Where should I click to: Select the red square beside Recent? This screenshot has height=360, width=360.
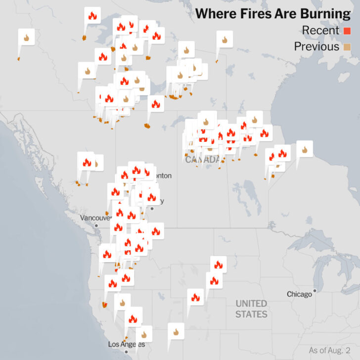[347, 31]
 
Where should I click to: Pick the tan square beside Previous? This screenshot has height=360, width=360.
[347, 47]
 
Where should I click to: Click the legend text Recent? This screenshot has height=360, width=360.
[320, 31]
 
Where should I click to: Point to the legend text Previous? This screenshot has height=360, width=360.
[316, 47]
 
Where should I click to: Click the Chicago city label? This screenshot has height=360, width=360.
[299, 294]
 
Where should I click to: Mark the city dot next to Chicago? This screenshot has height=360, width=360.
[315, 291]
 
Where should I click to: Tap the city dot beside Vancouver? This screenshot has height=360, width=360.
[96, 225]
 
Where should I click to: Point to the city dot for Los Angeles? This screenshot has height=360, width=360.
[126, 352]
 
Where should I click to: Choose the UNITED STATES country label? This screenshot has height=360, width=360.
[251, 309]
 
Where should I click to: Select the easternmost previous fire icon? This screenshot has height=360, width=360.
[305, 148]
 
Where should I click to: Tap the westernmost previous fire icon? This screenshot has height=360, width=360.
[26, 37]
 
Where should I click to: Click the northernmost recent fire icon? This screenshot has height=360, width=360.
[92, 15]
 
